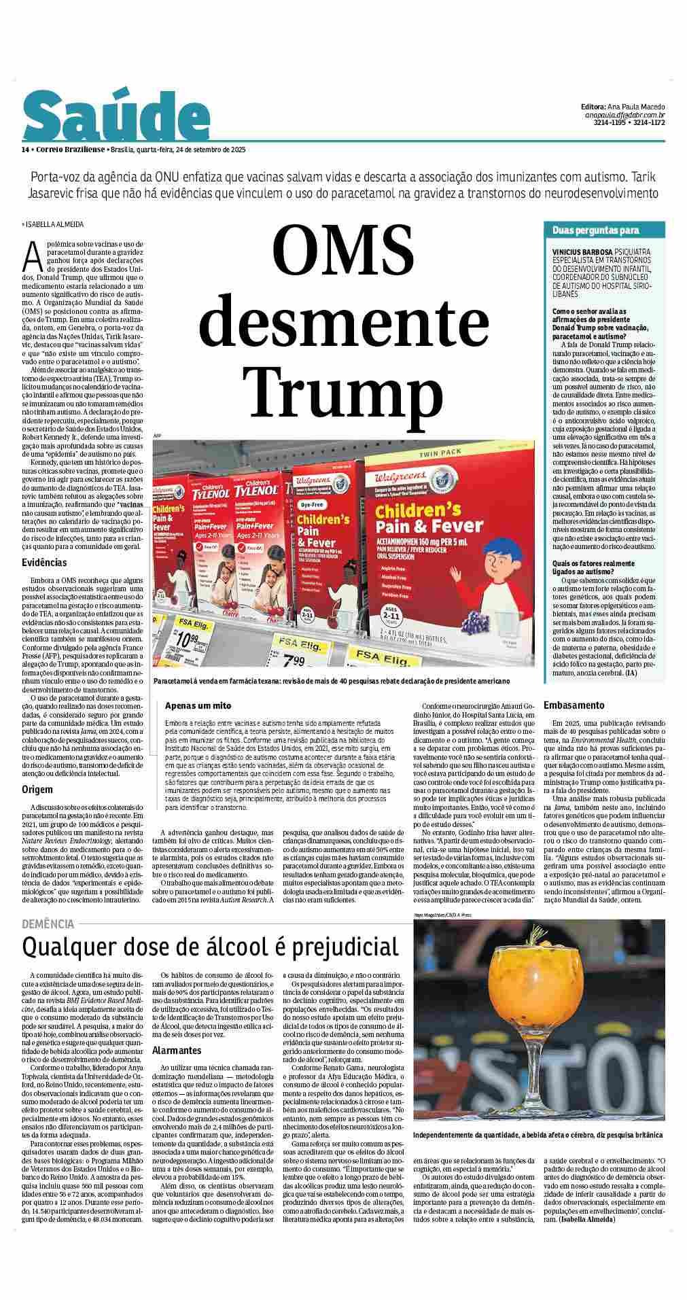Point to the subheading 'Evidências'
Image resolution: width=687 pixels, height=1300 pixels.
pos(44,562)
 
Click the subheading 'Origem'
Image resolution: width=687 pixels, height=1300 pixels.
pos(37,790)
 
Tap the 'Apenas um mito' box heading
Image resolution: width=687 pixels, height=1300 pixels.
pos(198,705)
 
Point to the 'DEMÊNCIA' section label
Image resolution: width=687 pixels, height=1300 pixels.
pos(48,924)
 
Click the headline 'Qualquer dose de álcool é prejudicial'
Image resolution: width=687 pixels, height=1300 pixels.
pos(210,946)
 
